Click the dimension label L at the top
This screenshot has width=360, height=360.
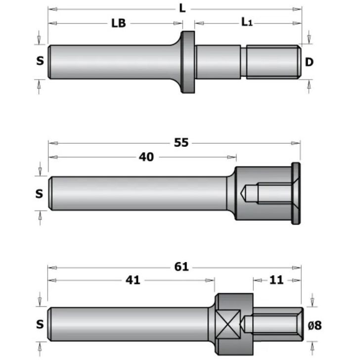[x=182, y=8]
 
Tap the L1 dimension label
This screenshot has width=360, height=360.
[x=247, y=22]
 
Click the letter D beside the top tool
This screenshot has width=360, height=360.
[x=309, y=62]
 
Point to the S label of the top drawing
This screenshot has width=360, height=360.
[x=40, y=61]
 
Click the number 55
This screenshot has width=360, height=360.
[x=181, y=143]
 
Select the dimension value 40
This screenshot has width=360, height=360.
[x=147, y=157]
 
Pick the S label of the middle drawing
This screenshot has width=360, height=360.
[x=40, y=194]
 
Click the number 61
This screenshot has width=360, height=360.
[x=181, y=267]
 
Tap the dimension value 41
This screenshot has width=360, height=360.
[x=133, y=280]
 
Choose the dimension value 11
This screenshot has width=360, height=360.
[x=276, y=280]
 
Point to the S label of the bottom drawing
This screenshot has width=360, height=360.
[x=40, y=325]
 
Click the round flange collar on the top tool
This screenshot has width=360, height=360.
[x=187, y=62]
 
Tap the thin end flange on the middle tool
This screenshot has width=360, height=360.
[x=296, y=193]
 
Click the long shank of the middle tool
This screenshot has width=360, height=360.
[x=138, y=193]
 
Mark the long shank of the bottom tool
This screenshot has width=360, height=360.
[x=129, y=325]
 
